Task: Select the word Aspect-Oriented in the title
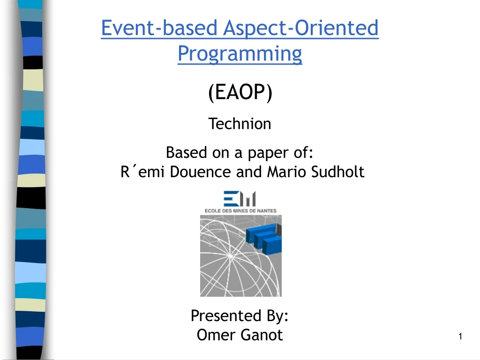click(300, 29)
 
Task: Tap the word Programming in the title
click(240, 54)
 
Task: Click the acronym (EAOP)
click(240, 93)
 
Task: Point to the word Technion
click(240, 124)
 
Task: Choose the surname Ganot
click(262, 335)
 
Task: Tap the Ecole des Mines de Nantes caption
click(240, 210)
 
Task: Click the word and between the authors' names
click(251, 172)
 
